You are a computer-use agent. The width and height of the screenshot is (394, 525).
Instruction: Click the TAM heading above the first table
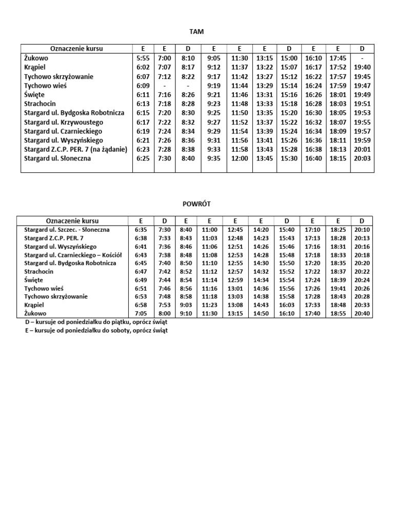pos(196,32)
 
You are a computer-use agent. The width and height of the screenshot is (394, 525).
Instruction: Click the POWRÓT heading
pos(196,204)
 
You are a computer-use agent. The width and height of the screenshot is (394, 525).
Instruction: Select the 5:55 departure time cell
pos(142,58)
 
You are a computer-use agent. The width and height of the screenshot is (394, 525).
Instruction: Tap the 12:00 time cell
pos(239,158)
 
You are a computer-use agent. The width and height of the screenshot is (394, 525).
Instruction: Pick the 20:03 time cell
pos(362,158)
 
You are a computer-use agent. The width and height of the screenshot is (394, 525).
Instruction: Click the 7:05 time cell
pos(141,313)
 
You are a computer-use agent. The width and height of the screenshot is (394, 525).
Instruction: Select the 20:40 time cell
pos(362,313)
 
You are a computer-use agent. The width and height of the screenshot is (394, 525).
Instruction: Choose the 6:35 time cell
pos(141,230)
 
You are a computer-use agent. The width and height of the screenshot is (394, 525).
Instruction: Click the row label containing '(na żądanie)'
pos(75,149)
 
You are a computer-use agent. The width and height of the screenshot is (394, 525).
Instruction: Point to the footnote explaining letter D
pos(96,322)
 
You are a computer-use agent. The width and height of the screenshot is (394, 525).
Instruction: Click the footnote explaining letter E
pos(96,331)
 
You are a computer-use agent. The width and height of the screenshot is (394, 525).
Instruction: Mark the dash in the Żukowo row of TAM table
pos(362,58)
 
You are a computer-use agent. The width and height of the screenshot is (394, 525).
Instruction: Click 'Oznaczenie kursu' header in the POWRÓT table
pos(72,220)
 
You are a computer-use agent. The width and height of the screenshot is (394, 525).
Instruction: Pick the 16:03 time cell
pos(287,305)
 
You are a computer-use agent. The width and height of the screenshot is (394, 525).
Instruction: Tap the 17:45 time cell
pos(338,58)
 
